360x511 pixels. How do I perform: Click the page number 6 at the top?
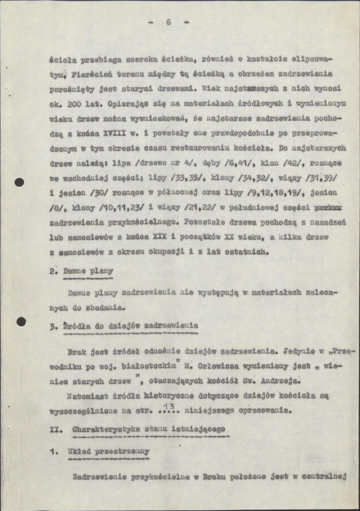(x=168, y=22)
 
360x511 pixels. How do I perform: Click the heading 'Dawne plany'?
(x=88, y=271)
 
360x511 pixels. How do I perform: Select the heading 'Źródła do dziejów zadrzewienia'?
(x=130, y=325)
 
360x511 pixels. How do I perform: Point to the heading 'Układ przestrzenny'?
(x=109, y=451)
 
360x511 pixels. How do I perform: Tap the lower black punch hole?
(x=20, y=322)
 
